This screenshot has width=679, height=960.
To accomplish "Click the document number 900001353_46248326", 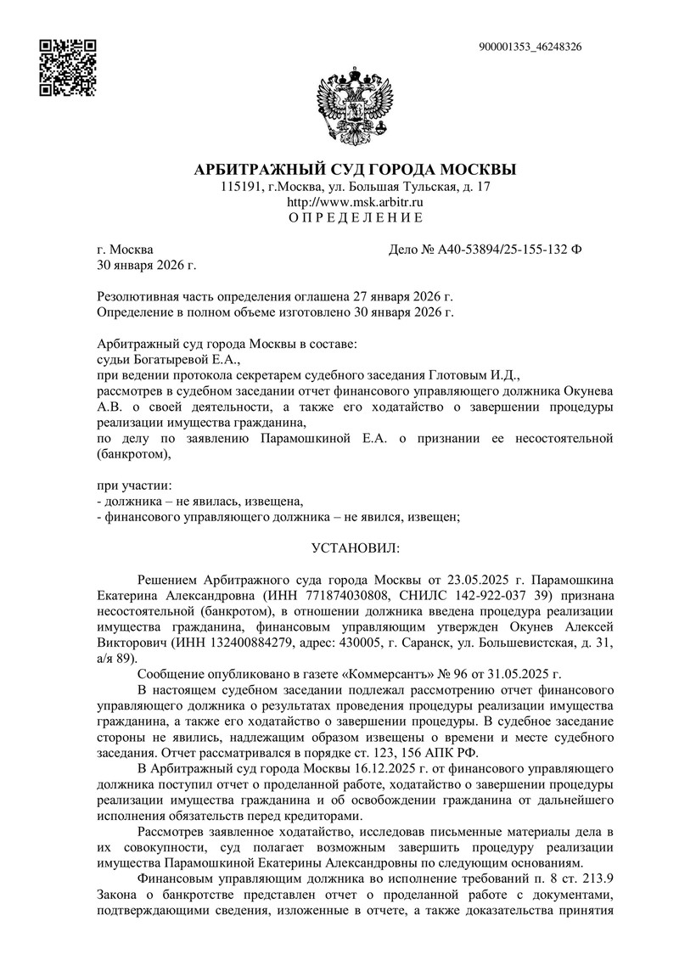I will [x=530, y=47].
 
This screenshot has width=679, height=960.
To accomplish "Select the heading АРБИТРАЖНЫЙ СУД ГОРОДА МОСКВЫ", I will [x=356, y=168].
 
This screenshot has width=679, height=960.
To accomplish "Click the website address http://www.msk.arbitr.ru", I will [x=355, y=202].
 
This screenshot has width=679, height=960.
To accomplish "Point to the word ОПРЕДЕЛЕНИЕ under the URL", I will [x=355, y=218].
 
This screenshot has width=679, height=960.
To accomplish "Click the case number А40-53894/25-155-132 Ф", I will [x=501, y=250].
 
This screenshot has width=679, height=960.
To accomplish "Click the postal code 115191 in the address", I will [x=239, y=186].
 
